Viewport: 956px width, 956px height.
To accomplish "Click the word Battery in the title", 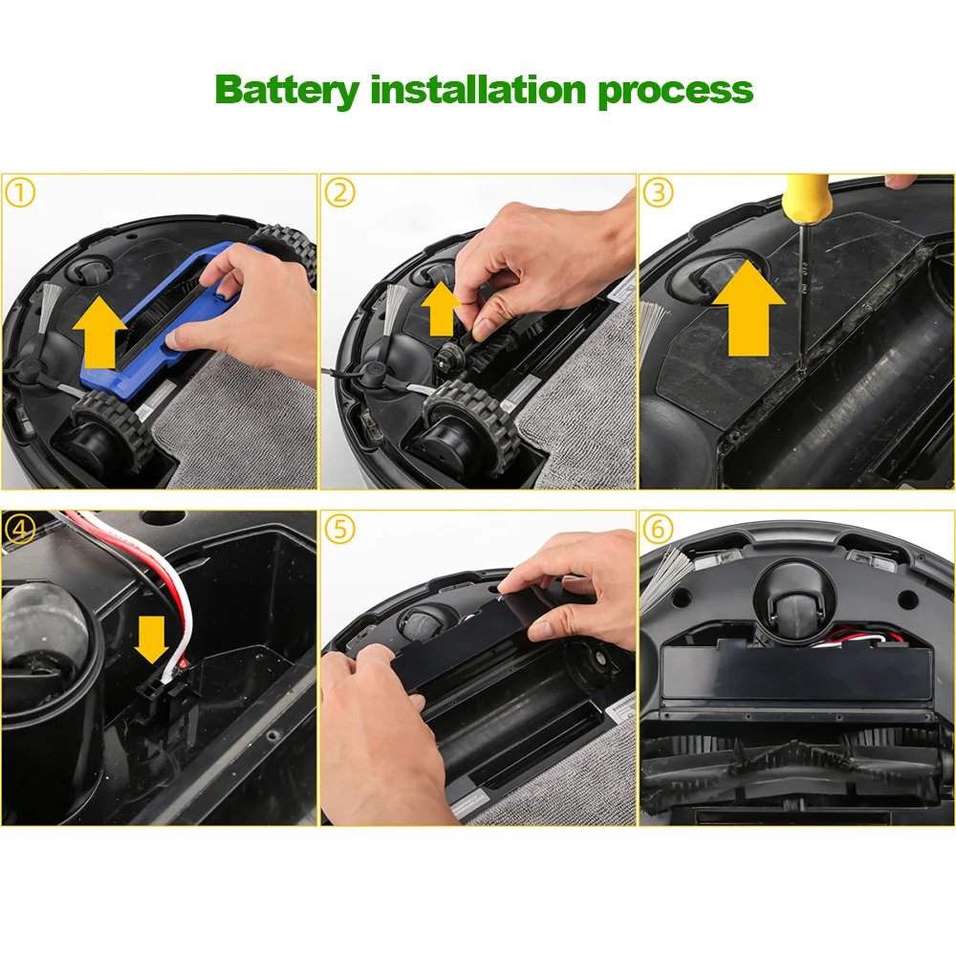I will pyautogui.click(x=288, y=90).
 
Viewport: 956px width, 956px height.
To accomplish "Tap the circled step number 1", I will pyautogui.click(x=21, y=193).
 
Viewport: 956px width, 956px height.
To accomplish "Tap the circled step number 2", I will pyautogui.click(x=339, y=193).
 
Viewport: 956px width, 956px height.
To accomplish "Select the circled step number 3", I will pyautogui.click(x=657, y=193).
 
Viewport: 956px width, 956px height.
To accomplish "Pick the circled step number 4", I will pyautogui.click(x=21, y=530).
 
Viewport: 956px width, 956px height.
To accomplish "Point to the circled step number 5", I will pyautogui.click(x=339, y=530).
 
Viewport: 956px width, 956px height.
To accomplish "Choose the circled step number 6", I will pyautogui.click(x=657, y=530).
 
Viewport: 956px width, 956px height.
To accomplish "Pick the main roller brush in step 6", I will pyautogui.click(x=793, y=770).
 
